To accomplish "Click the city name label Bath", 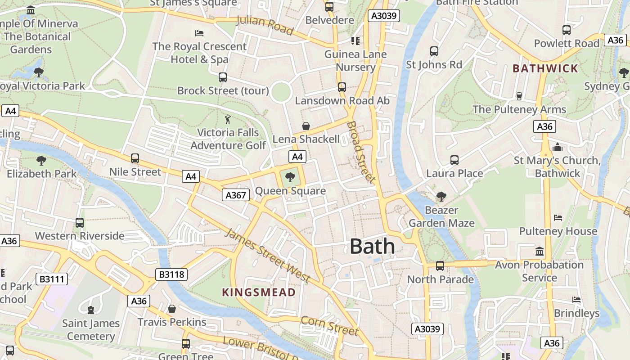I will click(x=372, y=247).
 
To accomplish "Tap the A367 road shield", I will click(x=236, y=195).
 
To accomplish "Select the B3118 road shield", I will click(x=171, y=274).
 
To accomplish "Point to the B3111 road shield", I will click(x=52, y=279).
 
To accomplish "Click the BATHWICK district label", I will click(x=545, y=68).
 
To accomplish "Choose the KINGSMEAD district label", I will click(x=259, y=292).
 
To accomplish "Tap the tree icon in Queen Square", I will click(x=290, y=177).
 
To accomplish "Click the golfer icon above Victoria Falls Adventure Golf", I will click(x=228, y=119).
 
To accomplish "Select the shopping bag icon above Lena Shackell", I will click(x=306, y=126).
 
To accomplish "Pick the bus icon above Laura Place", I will click(x=454, y=160).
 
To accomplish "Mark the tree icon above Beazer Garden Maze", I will click(x=441, y=196).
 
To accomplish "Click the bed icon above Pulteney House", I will click(x=558, y=218).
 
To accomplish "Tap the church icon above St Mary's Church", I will click(x=558, y=147).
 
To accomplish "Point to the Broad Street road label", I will click(x=361, y=152).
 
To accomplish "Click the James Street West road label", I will click(x=267, y=255).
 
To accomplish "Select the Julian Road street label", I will click(x=265, y=26).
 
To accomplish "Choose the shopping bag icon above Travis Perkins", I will click(x=172, y=309).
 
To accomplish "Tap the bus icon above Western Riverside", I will click(x=80, y=222).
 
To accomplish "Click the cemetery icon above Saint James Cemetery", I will click(x=91, y=310).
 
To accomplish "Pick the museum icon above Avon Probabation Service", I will click(x=539, y=251).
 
